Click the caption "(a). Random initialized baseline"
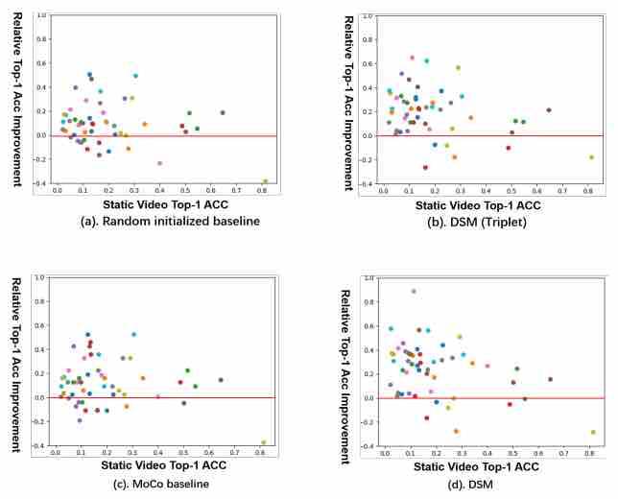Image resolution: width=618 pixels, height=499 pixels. coord(170,221)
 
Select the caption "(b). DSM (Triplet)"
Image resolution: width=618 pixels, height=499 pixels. coord(477,223)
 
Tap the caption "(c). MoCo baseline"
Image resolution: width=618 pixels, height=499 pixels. coord(161,484)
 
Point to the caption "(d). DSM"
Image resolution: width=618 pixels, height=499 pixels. coord(470,485)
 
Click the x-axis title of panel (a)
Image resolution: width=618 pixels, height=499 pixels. coord(165,204)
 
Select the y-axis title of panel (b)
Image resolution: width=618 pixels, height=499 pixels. coord(348,104)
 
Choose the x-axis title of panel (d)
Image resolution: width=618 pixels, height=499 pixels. coord(476,467)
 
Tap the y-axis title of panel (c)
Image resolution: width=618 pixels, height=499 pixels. coord(16,365)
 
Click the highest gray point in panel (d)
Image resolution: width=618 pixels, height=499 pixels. coord(414,292)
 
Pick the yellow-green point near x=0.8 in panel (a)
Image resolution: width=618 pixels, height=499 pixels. coord(265,181)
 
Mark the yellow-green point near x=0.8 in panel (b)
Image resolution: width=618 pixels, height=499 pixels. coord(591,157)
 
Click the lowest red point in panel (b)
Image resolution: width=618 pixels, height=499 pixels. coord(425,168)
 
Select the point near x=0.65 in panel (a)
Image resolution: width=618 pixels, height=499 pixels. coord(223,112)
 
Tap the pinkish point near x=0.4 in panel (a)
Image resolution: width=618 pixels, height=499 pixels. coord(159,163)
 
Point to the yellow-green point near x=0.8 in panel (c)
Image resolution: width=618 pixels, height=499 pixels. coord(264,442)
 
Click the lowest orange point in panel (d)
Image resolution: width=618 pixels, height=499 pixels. coord(457,431)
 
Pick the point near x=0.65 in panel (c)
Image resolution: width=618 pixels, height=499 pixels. coord(221,380)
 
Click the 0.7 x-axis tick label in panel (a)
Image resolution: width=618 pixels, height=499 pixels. coord(236,190)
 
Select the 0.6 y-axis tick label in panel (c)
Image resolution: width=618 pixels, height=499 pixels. coord(41,325)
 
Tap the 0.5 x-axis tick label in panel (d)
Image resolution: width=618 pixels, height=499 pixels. coord(512,453)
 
